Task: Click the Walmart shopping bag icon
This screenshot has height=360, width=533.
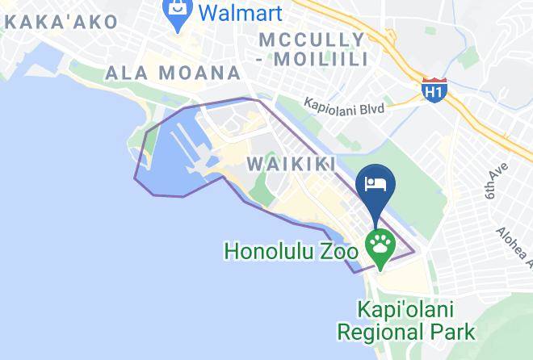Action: [x=176, y=12]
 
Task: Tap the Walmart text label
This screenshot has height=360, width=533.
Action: [x=240, y=13]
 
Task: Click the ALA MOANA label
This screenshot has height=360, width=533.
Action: [x=173, y=73]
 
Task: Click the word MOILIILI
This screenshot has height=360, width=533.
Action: [x=330, y=58]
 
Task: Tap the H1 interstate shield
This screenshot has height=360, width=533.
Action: [x=434, y=90]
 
